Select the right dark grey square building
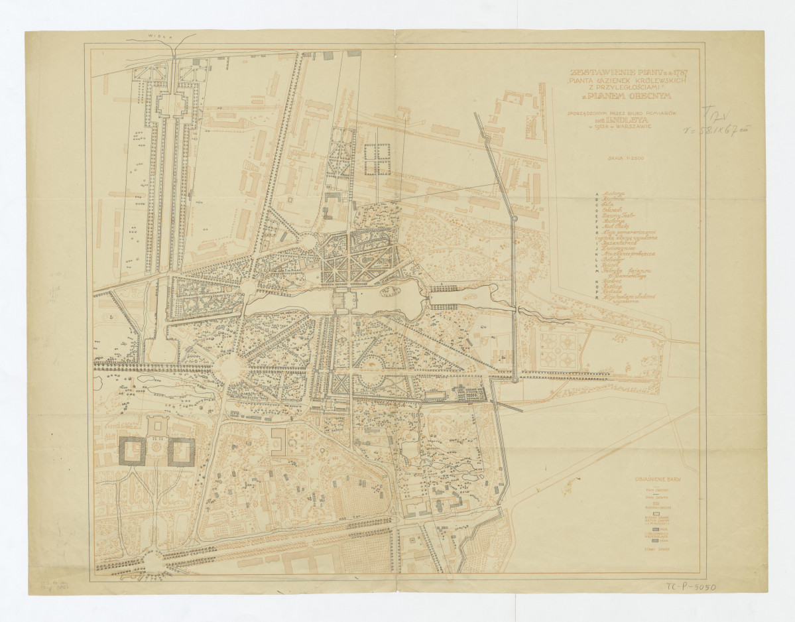180,451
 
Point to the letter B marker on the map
112,316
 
